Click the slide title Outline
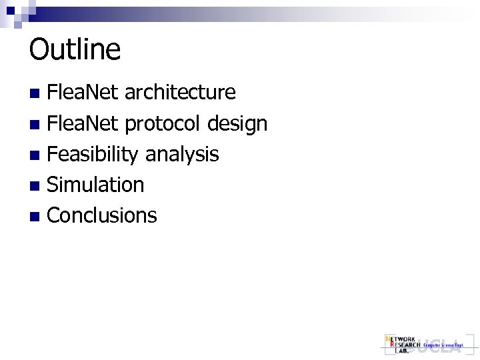click(75, 50)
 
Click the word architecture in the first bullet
click(181, 92)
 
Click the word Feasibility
click(93, 155)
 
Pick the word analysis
click(182, 155)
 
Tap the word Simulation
click(96, 185)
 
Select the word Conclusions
click(103, 215)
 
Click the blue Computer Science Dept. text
click(443, 345)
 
